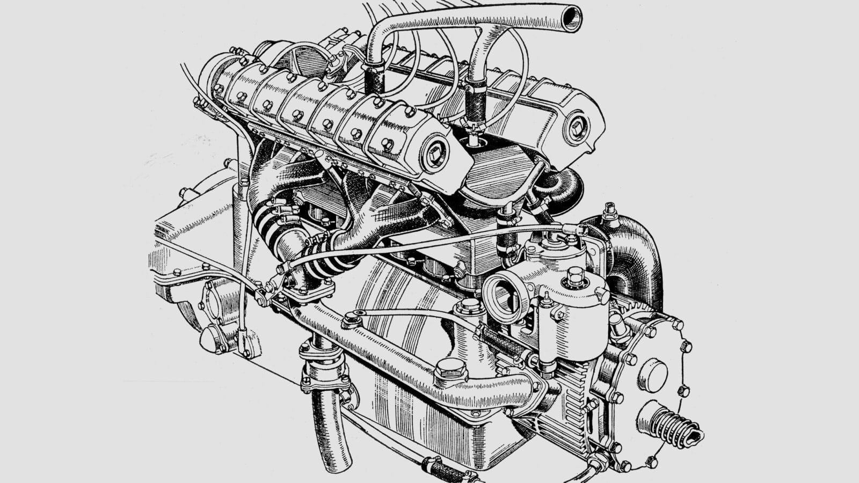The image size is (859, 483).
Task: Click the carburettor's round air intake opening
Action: [501, 295]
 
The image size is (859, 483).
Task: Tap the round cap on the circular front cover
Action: [653, 374]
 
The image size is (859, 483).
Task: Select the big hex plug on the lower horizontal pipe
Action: [449, 368]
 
